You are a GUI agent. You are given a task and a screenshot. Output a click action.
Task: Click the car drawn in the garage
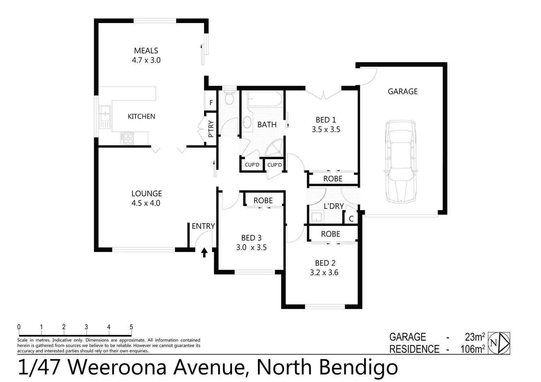[x=401, y=162]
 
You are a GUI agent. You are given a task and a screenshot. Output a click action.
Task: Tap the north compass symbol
[x=499, y=343]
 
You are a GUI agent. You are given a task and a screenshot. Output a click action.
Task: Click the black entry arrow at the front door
[x=204, y=253]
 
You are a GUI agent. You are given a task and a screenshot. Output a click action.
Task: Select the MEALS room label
[x=146, y=51]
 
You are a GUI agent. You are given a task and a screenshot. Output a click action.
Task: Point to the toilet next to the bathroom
[x=229, y=98]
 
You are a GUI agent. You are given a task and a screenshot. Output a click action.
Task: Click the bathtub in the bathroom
[x=265, y=99]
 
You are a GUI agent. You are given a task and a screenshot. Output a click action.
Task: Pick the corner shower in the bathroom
[x=275, y=148]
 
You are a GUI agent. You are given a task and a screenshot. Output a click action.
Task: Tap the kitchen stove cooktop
[x=127, y=138]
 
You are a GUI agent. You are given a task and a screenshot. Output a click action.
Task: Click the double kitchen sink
[x=105, y=116]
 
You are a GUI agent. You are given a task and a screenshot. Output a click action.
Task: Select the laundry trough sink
[x=316, y=216]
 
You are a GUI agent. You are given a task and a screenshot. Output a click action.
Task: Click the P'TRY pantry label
[x=211, y=129]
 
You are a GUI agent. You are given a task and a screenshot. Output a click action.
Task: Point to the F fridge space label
[x=211, y=103]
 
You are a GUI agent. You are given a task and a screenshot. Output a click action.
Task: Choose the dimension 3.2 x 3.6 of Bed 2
[x=324, y=273]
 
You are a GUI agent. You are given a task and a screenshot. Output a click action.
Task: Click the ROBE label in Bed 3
[x=263, y=201]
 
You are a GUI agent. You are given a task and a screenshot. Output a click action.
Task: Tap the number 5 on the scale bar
[x=131, y=327]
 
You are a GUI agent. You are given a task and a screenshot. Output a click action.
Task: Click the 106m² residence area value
[x=472, y=349]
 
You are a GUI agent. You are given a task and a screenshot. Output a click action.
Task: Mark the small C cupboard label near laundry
[x=351, y=219]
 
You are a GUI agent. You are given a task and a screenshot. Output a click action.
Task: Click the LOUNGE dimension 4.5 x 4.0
[x=146, y=203]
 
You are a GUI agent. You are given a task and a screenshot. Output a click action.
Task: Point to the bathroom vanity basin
[x=247, y=123]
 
